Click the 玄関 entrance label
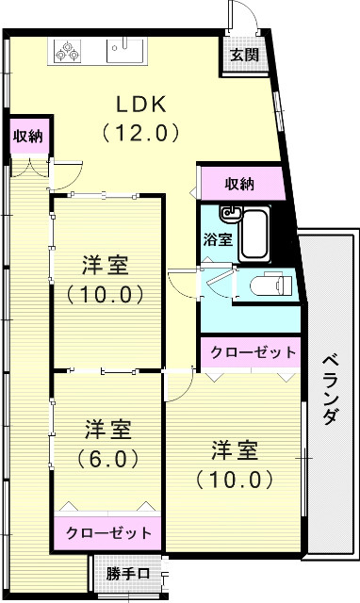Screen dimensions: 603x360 245,55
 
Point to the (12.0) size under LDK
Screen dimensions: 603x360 140,132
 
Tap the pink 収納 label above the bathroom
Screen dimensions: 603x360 240,182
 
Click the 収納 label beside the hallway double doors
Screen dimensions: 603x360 25,137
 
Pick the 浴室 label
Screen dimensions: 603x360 218,238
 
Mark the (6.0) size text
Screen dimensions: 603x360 105,460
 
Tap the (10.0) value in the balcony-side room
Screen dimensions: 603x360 235,480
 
